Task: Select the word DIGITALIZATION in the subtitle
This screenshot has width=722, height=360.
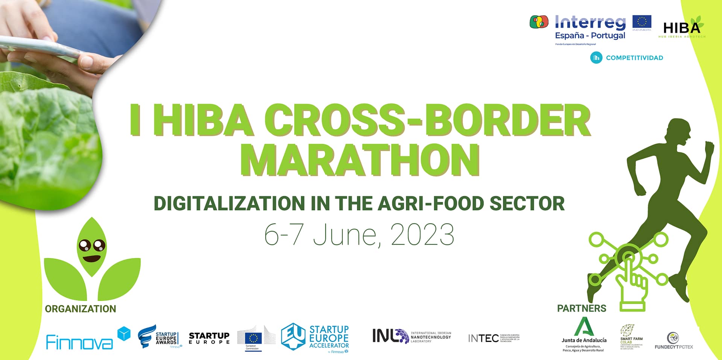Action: pyautogui.click(x=229, y=204)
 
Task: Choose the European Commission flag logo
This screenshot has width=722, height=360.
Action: pyautogui.click(x=253, y=338)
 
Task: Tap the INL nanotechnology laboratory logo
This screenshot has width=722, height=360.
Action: pyautogui.click(x=411, y=336)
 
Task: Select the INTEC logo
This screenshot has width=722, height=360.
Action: pyautogui.click(x=493, y=338)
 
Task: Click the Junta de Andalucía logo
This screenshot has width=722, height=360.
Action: pyautogui.click(x=584, y=334)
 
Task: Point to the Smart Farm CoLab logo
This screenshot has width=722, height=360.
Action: pyautogui.click(x=631, y=337)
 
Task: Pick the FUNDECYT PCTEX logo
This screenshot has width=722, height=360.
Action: pyautogui.click(x=673, y=340)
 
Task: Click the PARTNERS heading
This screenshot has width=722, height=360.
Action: pyautogui.click(x=581, y=308)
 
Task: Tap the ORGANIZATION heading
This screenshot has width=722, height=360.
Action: pyautogui.click(x=81, y=309)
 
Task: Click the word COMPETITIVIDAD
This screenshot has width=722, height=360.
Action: pyautogui.click(x=634, y=58)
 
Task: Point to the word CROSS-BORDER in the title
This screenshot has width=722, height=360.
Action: pyautogui.click(x=429, y=120)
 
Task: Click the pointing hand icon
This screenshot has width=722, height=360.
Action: pyautogui.click(x=632, y=282)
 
